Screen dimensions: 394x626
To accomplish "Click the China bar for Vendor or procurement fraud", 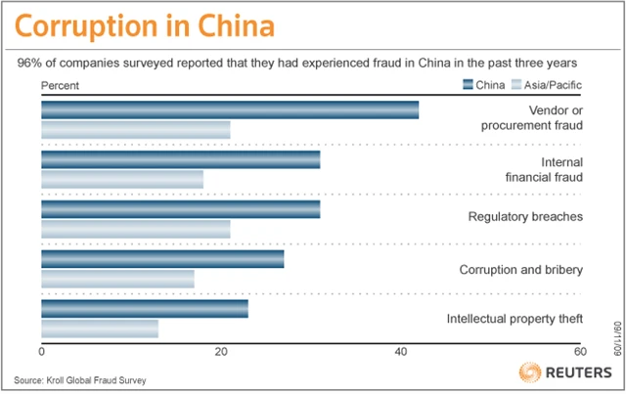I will click(x=230, y=110).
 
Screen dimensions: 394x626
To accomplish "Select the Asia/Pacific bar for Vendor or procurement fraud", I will click(x=136, y=130).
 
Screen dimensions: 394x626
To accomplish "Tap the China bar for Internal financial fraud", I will click(x=181, y=160).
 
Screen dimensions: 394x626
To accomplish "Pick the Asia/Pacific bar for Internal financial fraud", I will click(x=122, y=180).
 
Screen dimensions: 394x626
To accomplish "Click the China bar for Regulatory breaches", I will click(x=181, y=210).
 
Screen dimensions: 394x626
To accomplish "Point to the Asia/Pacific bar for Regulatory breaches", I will click(x=136, y=230).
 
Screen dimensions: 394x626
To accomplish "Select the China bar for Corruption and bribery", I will click(x=162, y=259).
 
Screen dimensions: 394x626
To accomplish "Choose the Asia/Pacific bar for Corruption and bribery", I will click(x=117, y=280).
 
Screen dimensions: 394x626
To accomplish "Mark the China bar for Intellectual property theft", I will click(x=145, y=309).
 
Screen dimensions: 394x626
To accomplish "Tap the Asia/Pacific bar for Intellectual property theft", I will click(x=100, y=329).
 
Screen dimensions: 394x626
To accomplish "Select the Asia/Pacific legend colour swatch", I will click(x=519, y=85).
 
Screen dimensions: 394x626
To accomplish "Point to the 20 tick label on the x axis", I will click(x=221, y=352).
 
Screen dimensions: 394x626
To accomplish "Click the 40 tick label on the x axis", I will click(x=401, y=352).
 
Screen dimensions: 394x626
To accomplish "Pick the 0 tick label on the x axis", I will click(x=42, y=352).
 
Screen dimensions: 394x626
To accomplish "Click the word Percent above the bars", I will click(x=62, y=85).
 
